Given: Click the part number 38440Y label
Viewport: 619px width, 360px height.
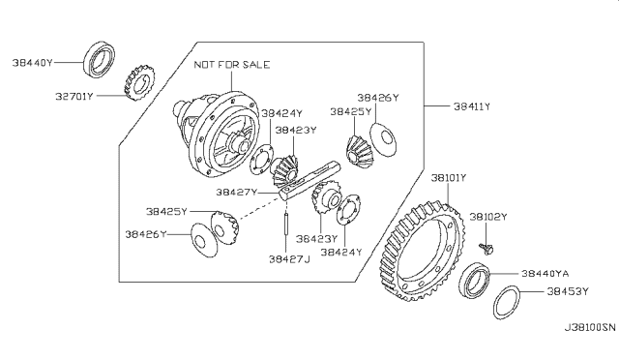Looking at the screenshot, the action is [32, 63].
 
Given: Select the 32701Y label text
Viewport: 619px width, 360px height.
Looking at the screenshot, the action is [74, 96].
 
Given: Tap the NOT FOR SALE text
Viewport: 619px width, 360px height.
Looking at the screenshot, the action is [232, 65].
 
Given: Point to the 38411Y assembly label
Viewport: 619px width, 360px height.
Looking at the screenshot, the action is [472, 106].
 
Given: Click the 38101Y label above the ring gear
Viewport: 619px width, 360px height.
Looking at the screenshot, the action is [449, 178].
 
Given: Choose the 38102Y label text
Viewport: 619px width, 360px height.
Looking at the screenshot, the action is [488, 217].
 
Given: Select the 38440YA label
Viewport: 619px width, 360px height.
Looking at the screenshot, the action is [545, 274].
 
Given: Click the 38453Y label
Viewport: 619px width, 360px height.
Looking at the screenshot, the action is [568, 291].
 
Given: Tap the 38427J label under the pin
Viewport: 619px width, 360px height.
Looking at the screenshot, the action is [289, 259].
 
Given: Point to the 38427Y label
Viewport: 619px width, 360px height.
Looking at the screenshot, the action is [236, 192].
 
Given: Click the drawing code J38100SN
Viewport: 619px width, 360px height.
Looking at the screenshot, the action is [590, 327].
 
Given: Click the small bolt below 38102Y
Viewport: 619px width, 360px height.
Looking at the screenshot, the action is [486, 249].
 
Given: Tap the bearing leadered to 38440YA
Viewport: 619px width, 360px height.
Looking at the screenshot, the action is [475, 280].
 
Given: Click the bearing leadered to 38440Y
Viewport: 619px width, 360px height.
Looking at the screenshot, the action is [100, 59].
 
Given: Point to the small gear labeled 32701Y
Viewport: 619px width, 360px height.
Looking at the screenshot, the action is [139, 82].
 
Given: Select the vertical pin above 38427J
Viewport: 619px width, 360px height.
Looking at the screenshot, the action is [285, 224].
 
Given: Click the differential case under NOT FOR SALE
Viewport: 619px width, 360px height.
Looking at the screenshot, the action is [217, 135].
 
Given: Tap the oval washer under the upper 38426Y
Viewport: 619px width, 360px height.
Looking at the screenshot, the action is [383, 139].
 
